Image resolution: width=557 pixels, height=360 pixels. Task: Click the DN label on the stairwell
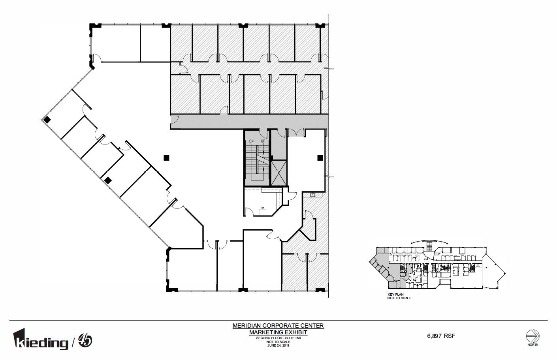pos(251,141)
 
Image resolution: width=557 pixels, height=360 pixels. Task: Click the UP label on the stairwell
pos(263,141)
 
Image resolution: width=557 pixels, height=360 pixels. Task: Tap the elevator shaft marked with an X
pos(278,173)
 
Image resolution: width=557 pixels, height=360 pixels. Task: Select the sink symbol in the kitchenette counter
pos(312,195)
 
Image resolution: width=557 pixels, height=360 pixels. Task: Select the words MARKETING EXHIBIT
pos(278,332)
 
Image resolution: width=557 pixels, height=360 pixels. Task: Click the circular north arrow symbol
pos(532,336)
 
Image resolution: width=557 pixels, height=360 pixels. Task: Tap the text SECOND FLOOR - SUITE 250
pos(278,338)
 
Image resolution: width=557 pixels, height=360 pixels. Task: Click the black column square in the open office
pos(166,158)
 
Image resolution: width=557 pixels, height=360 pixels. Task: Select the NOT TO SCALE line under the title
pos(278,342)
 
